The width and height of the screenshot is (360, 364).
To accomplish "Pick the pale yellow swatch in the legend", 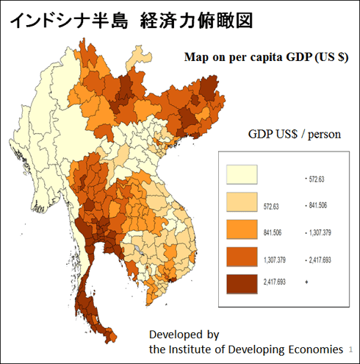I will click(x=242, y=175).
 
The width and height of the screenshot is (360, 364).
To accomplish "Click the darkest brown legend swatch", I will click(x=242, y=282).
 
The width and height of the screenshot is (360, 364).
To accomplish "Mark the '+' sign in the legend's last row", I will click(x=306, y=282).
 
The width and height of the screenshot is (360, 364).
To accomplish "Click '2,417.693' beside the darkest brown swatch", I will click(x=276, y=282).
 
